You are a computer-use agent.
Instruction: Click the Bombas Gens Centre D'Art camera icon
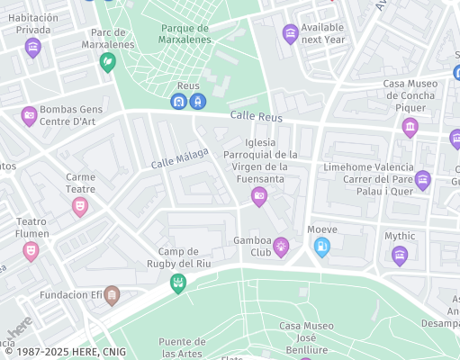click(29, 114)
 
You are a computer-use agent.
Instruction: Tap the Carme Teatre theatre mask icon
click(80, 206)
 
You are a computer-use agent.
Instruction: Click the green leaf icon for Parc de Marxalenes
click(107, 61)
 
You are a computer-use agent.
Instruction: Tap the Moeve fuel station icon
click(321, 246)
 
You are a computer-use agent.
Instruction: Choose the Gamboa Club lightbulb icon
click(281, 245)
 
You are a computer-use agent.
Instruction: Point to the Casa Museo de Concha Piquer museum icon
click(410, 126)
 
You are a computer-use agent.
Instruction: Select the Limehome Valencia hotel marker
click(423, 179)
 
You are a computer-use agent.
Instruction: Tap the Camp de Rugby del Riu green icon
click(178, 283)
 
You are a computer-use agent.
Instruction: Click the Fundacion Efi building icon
click(112, 294)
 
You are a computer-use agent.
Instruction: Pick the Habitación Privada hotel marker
click(33, 47)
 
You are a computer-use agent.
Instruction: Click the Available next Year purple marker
click(290, 34)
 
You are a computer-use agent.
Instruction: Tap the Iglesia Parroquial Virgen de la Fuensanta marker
click(259, 195)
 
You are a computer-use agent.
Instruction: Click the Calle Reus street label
click(257, 117)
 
